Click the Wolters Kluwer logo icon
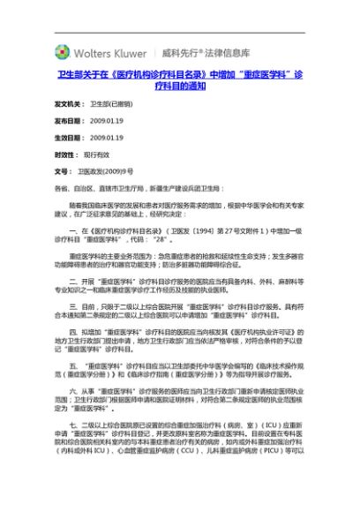pyautogui.click(x=63, y=52)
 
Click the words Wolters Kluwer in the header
pyautogui.click(x=109, y=52)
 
